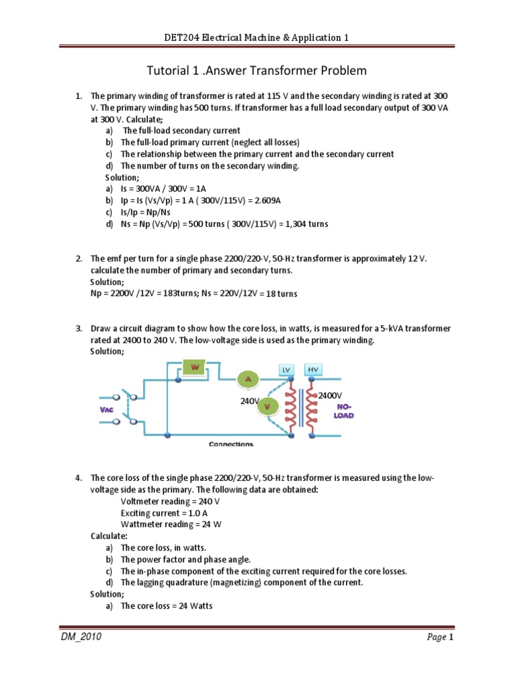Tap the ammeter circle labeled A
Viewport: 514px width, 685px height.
coord(248,379)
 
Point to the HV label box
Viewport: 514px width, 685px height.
coord(313,370)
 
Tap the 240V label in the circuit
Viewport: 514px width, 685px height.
coord(250,401)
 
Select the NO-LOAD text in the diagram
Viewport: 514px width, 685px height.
coord(345,411)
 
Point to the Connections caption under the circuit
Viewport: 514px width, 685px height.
coord(231,444)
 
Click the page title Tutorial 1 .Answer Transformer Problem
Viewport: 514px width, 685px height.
coord(256,70)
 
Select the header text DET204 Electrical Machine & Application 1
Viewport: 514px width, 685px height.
coord(256,38)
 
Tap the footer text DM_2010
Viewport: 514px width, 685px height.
coord(81,638)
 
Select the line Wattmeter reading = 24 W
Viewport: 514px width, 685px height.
coord(171,524)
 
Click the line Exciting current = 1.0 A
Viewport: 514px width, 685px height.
coord(167,512)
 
